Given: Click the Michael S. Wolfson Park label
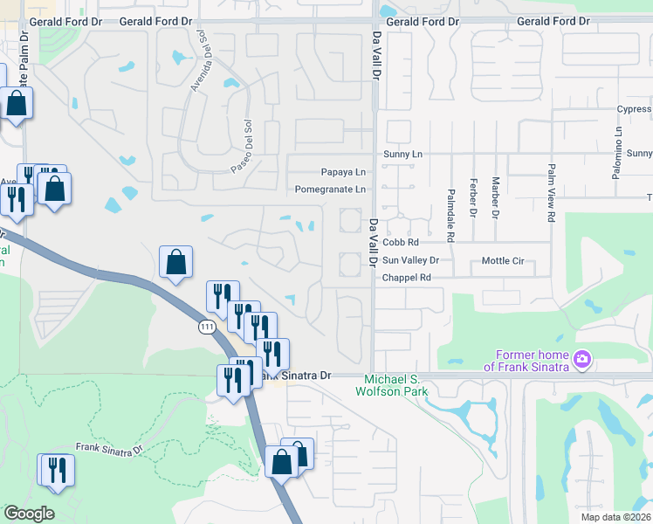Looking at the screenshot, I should [x=402, y=385].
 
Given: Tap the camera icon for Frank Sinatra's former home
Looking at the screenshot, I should [x=582, y=359].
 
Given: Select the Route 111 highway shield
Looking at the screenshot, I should [x=206, y=327].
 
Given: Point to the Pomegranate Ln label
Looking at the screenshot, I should [x=330, y=189].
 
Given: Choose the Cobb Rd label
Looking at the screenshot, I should [x=401, y=242].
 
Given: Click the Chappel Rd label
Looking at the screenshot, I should [x=407, y=278].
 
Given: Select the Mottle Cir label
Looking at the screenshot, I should [x=502, y=260].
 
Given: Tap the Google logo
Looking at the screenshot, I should [x=29, y=514].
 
